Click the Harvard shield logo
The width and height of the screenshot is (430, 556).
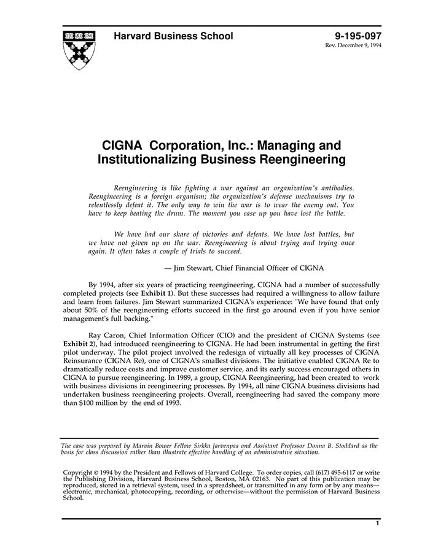click(79, 48)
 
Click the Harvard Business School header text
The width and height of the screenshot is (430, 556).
click(173, 36)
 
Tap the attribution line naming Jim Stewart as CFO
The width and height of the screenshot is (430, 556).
click(244, 268)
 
